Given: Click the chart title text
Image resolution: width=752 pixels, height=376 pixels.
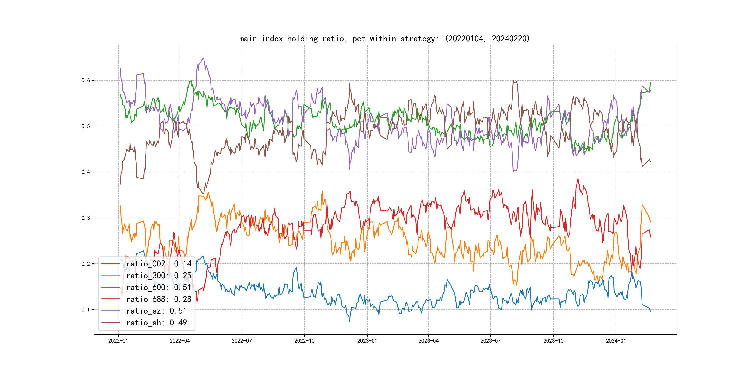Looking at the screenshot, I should click(x=384, y=39).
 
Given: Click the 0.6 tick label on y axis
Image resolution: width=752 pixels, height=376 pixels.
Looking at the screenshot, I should click(x=86, y=80).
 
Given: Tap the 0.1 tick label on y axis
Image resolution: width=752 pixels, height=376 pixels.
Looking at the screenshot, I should click(x=86, y=310).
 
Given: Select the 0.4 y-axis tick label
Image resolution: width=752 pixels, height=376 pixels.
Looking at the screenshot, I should click(x=86, y=172).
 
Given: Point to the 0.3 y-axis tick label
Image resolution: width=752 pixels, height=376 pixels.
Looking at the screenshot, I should click(x=86, y=218).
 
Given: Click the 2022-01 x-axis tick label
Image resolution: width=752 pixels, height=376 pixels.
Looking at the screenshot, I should click(x=118, y=341).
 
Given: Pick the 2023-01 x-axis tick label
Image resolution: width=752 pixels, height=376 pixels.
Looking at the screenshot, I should click(x=367, y=341).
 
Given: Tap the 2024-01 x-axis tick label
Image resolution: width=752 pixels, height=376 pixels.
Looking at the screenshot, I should click(x=616, y=341).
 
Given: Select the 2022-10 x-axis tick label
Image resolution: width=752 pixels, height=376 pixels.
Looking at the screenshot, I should click(x=305, y=341).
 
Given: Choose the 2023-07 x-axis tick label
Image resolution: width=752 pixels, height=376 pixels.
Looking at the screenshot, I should click(x=490, y=341).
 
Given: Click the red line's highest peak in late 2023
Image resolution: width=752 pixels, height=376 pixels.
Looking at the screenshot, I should click(x=578, y=179).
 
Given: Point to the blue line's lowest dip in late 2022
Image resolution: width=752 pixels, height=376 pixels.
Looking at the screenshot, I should click(x=350, y=321).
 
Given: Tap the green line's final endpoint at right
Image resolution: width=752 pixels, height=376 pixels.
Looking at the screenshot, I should click(x=650, y=83).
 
